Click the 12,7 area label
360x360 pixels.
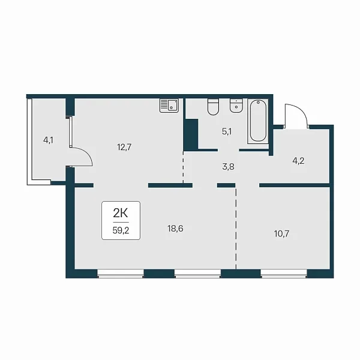pyautogui.click(x=124, y=147)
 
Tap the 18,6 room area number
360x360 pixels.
pyautogui.click(x=175, y=229)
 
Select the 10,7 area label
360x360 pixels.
pyautogui.click(x=282, y=234)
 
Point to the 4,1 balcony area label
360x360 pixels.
pyautogui.click(x=48, y=140)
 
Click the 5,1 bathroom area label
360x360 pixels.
pyautogui.click(x=227, y=131)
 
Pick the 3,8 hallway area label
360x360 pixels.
pyautogui.click(x=228, y=167)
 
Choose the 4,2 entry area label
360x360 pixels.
pyautogui.click(x=298, y=161)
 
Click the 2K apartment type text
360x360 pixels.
pyautogui.click(x=121, y=213)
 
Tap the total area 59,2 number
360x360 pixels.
pyautogui.click(x=121, y=230)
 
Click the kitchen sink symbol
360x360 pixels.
pyautogui.click(x=169, y=106)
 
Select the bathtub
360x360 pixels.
pyautogui.click(x=258, y=121)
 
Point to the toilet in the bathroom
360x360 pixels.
pyautogui.click(x=213, y=107)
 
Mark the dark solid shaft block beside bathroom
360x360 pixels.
pyautogui.click(x=191, y=134)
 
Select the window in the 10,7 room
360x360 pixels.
pyautogui.click(x=284, y=274)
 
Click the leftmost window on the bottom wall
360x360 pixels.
pyautogui.click(x=121, y=274)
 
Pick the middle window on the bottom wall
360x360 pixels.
pyautogui.click(x=197, y=274)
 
